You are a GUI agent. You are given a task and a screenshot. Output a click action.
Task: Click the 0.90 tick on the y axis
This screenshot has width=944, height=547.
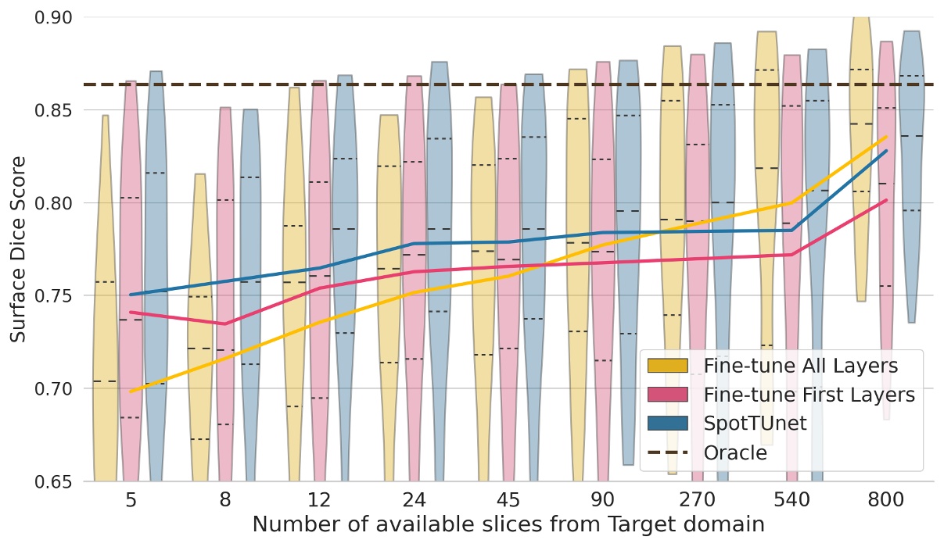pos(55,17)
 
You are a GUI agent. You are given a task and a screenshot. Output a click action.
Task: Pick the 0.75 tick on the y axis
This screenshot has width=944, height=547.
pos(55,296)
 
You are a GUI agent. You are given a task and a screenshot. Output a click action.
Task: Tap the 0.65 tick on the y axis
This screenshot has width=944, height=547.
pos(55,481)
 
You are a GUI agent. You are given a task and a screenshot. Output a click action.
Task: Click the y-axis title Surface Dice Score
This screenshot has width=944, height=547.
pos(19,248)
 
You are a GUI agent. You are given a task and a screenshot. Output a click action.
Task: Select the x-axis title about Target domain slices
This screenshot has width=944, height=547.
pos(508,524)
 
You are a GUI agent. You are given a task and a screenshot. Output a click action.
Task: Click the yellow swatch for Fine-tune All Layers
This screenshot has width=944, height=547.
pos(666,366)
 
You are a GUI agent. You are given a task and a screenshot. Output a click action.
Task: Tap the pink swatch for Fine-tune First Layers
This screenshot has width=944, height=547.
pos(666,395)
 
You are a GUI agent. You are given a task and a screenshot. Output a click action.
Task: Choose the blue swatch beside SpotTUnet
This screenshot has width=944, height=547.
pos(666,424)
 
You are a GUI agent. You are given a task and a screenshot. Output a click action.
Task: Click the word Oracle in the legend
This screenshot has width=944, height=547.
pos(735,452)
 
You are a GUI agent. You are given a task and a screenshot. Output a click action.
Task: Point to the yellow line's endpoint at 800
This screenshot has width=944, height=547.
pos(885,137)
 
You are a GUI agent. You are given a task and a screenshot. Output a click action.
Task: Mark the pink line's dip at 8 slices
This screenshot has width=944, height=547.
pos(225,324)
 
